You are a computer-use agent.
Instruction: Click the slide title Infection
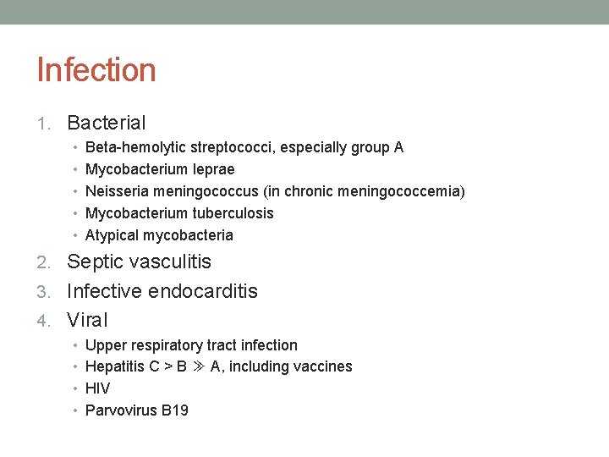(96, 70)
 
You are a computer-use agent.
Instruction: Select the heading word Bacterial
(107, 124)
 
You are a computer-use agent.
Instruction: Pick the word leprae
(213, 169)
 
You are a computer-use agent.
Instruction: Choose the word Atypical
(112, 235)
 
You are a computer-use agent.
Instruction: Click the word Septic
(96, 262)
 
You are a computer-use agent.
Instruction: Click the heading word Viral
(87, 320)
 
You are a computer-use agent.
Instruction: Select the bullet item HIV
(98, 388)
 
